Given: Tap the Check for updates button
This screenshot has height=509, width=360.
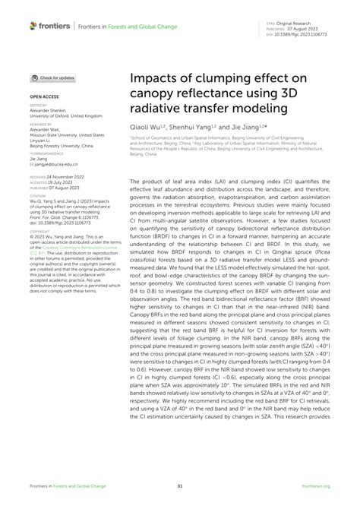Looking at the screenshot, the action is tap(52, 78).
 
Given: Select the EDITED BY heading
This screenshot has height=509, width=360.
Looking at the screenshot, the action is tap(39, 106).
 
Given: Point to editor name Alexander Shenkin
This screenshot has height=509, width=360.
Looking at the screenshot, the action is tap(49, 111).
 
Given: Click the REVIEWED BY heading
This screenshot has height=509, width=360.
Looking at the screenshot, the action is tap(41, 124).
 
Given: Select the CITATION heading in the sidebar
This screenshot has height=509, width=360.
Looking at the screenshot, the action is tap(37, 195).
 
